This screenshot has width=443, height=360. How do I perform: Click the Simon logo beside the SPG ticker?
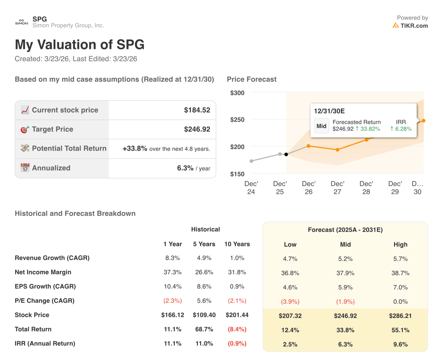click(x=22, y=22)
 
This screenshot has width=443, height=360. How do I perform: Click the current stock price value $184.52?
click(x=197, y=110)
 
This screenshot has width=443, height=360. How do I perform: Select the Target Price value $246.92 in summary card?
click(x=197, y=129)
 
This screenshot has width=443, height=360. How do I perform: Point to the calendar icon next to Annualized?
click(x=25, y=168)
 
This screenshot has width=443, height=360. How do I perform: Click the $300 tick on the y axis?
click(x=237, y=93)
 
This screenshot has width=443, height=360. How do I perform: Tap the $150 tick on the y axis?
click(x=237, y=174)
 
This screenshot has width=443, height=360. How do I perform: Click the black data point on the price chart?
click(x=286, y=154)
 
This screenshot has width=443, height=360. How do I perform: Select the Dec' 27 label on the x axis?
click(x=337, y=187)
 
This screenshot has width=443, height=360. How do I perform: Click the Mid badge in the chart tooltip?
click(x=321, y=126)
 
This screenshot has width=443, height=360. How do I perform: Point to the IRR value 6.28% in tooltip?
click(x=401, y=129)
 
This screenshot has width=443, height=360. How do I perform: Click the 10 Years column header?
click(x=237, y=244)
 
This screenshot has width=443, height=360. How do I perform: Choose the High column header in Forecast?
click(x=400, y=244)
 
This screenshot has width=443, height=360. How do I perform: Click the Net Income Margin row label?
click(x=43, y=272)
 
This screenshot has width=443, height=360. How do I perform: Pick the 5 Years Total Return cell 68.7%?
click(x=204, y=329)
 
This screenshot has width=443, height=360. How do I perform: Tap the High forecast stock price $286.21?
click(x=400, y=315)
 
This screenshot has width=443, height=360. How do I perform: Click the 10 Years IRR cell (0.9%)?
click(x=237, y=344)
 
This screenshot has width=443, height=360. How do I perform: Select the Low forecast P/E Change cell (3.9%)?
click(x=290, y=301)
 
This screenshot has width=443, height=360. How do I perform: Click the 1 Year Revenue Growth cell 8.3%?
click(x=173, y=258)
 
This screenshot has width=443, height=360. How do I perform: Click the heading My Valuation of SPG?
click(x=80, y=45)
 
